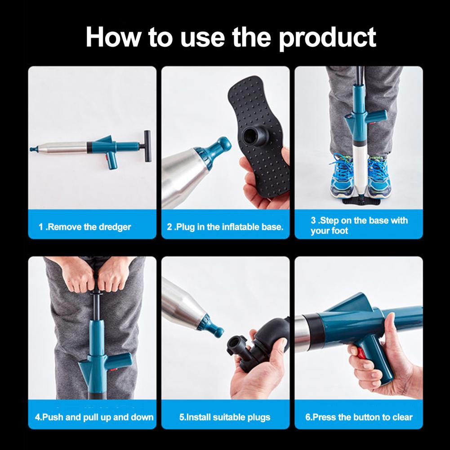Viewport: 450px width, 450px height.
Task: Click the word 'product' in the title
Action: (x=327, y=38)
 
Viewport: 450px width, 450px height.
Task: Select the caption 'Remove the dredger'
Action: (x=88, y=227)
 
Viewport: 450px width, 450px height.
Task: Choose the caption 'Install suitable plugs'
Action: (x=228, y=417)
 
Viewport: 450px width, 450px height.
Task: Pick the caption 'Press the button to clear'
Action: (x=362, y=417)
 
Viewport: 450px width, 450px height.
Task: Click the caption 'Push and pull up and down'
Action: (x=98, y=417)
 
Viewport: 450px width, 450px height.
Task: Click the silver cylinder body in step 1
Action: (x=63, y=147)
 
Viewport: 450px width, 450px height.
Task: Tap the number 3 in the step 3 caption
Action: (x=313, y=220)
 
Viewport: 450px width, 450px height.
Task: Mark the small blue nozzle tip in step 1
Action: (x=34, y=149)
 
